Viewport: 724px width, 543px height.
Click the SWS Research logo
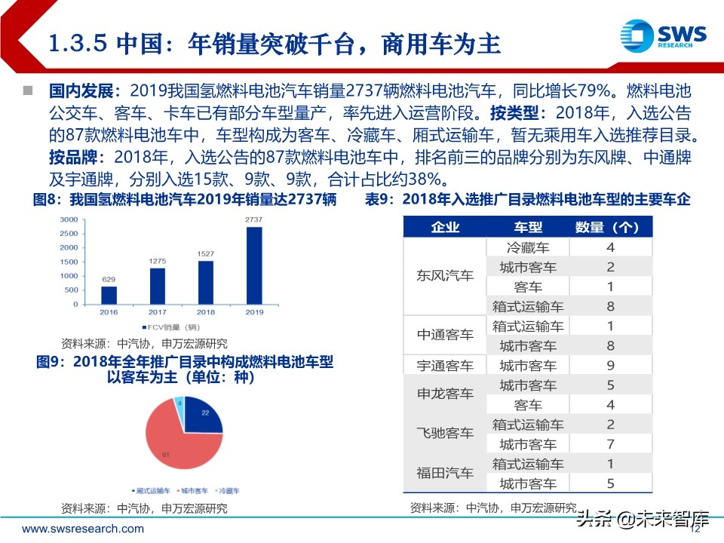coord(663,35)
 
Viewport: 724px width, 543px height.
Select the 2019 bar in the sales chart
coord(254,265)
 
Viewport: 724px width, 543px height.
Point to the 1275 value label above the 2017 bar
coord(158,261)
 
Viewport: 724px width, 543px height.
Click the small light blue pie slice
coord(179,404)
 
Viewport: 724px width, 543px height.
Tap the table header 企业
coord(445,228)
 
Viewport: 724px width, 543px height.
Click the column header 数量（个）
coord(611,228)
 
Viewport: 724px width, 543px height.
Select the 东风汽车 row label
coord(445,276)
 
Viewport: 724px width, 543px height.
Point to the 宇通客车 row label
coord(445,366)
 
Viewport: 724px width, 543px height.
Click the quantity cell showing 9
coord(611,366)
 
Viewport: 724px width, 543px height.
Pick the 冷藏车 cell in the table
coord(528,247)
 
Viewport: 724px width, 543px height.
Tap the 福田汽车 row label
coord(445,474)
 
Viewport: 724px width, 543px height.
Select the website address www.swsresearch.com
coord(83,529)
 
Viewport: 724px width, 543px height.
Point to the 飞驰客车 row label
coord(445,434)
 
